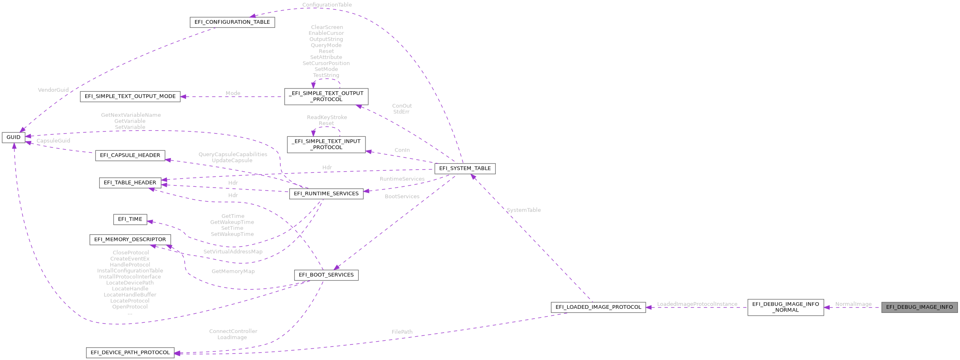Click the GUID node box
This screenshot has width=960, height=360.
tap(13, 137)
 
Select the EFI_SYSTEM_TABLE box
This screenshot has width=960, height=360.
tap(465, 168)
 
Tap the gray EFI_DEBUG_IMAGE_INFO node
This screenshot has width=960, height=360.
tap(919, 307)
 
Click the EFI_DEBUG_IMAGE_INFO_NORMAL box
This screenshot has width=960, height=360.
tap(785, 307)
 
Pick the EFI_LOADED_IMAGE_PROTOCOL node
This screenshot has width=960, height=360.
tap(598, 307)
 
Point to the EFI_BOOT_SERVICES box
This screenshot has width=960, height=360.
tap(326, 275)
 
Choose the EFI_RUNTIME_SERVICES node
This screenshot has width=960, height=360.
tap(326, 194)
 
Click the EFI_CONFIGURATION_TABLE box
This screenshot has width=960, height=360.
tap(232, 22)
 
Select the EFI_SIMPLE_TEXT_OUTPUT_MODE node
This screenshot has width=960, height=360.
tap(130, 96)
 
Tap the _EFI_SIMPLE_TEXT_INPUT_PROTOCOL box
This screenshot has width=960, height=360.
tap(326, 144)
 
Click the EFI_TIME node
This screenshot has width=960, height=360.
tap(130, 219)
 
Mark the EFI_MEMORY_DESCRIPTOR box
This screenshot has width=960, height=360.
tap(130, 240)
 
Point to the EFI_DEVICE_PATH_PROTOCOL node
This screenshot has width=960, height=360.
tap(130, 353)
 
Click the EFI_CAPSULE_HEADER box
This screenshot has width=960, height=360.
tap(130, 155)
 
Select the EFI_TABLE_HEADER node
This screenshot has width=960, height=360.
tap(130, 183)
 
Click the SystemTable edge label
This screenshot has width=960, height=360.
tap(523, 210)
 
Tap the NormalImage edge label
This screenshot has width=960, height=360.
tap(853, 304)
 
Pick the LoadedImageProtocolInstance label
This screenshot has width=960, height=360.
tap(697, 304)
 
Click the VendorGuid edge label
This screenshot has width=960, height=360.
tap(53, 90)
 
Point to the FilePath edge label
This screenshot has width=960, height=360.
tap(402, 332)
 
